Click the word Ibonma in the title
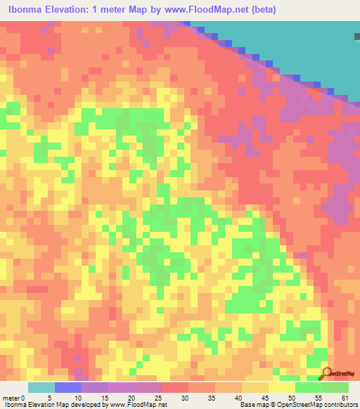[x=27, y=10]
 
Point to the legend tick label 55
[x=322, y=398]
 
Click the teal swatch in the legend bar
[x=41, y=387]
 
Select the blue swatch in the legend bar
[x=68, y=387]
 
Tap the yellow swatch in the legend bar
[x=282, y=387]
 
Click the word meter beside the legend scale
[x=11, y=398]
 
